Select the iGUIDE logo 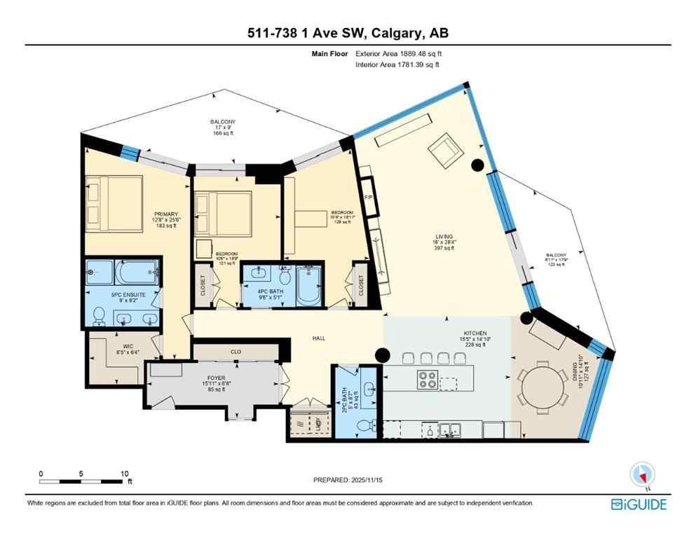(x=638, y=504)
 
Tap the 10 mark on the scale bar (x=124, y=473)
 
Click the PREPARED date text (x=348, y=480)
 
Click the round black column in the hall (x=382, y=355)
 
